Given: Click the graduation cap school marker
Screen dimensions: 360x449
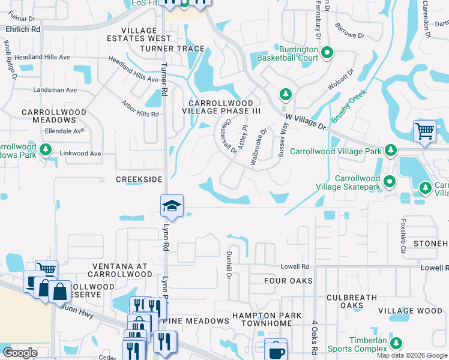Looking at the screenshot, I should coord(171,206).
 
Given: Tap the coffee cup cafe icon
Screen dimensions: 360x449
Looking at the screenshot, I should coord(276,351).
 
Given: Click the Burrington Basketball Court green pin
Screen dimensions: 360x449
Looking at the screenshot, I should coord(327,53).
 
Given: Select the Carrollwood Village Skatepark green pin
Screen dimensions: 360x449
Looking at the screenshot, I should coord(390,180).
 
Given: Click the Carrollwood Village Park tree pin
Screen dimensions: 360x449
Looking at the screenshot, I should coord(391,150).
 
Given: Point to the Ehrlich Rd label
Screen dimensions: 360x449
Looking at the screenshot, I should coord(23,28).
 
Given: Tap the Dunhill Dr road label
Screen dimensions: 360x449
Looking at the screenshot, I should coord(229,265).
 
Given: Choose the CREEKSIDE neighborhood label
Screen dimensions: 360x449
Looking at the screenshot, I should coord(139,179).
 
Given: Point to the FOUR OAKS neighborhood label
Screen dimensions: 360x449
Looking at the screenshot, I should coord(289,280).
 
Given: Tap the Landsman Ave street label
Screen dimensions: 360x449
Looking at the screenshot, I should coord(55,90).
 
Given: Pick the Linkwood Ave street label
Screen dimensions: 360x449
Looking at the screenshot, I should coord(80,154).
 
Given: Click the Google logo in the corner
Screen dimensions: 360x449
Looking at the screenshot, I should coord(20,353).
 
